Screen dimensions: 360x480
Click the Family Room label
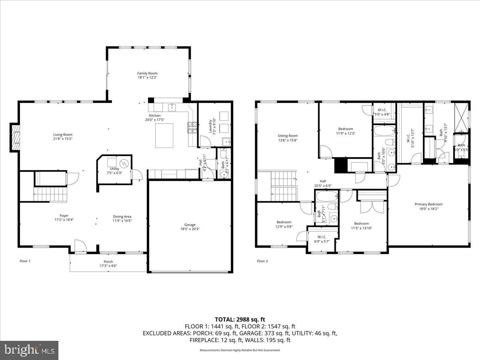point(147,73)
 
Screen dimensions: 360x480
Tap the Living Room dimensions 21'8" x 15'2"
point(63,139)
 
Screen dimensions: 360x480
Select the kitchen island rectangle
point(164,136)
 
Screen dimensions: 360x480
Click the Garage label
point(190,225)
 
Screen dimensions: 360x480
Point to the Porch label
point(108,262)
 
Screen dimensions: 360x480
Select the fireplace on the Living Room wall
point(15,138)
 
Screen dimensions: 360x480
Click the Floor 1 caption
point(25,261)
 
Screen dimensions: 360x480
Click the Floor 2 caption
point(262,261)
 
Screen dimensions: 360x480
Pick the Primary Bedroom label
point(428,204)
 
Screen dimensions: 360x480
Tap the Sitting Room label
point(288,136)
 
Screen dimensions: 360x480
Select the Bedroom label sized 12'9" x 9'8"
point(284,222)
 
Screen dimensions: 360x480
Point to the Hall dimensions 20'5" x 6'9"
point(323,186)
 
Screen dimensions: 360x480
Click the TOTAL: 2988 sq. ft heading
point(240,319)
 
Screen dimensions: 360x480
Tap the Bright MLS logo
point(29,350)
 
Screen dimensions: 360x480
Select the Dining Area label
point(122,216)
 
